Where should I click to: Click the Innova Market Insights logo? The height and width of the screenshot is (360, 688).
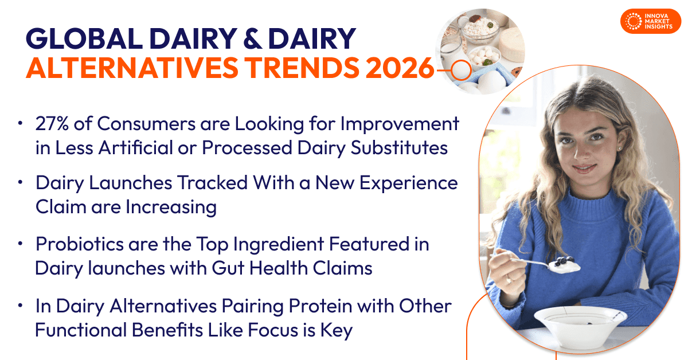click(651, 21)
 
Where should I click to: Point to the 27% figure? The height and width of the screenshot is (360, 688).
click(52, 123)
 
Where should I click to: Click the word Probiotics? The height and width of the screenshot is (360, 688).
click(80, 244)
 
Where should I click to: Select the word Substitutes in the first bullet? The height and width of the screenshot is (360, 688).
click(399, 148)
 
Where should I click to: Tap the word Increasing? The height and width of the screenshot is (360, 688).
click(171, 208)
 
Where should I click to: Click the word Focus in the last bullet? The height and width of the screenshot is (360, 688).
click(272, 330)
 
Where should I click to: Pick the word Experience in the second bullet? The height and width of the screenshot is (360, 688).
click(408, 183)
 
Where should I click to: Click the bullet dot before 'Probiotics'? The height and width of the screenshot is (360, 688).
click(20, 244)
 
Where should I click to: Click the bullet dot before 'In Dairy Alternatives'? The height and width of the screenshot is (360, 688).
click(20, 306)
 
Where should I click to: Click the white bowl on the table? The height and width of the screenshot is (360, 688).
click(580, 325)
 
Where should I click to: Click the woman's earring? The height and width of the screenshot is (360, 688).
click(618, 148)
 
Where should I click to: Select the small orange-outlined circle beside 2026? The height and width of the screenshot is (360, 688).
click(461, 70)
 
